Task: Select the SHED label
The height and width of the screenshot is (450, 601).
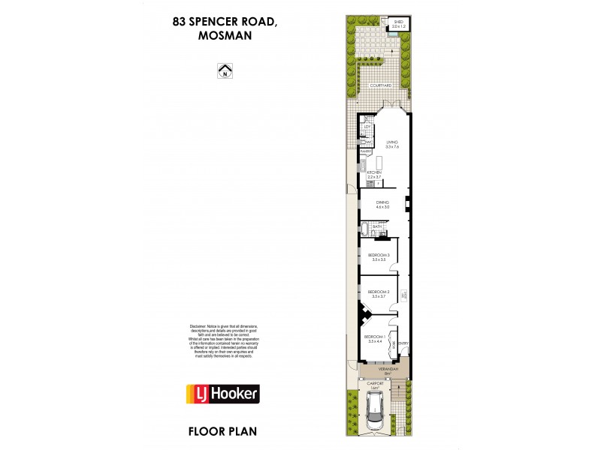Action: (x=398, y=22)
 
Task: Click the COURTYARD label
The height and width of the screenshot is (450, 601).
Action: (x=382, y=86)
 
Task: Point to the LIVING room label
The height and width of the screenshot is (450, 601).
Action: (x=391, y=142)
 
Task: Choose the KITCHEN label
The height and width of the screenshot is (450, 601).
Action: (x=375, y=173)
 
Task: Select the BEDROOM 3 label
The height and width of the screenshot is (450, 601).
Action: (x=379, y=256)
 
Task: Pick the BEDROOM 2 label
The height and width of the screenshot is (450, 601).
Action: (x=379, y=292)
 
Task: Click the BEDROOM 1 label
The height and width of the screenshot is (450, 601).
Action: (x=375, y=337)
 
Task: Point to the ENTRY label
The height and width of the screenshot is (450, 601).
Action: (x=403, y=343)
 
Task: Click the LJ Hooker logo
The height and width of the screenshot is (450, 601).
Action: (x=222, y=394)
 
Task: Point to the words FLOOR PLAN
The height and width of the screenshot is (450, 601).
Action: (x=223, y=433)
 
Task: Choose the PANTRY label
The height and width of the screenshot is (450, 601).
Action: (x=366, y=151)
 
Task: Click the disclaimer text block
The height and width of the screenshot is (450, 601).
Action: (x=222, y=341)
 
